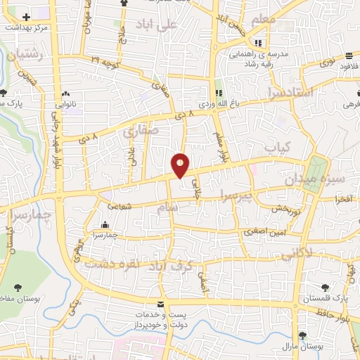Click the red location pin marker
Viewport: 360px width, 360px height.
click(180, 165)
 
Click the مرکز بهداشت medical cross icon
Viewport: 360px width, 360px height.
click(27, 16)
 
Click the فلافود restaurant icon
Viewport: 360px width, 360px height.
click(349, 56)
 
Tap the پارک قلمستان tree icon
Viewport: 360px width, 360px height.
click(325, 288)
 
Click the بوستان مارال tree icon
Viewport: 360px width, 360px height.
click(302, 335)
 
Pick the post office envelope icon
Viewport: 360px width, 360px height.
click(162, 304)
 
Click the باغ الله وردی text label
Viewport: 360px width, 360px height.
click(214, 104)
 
